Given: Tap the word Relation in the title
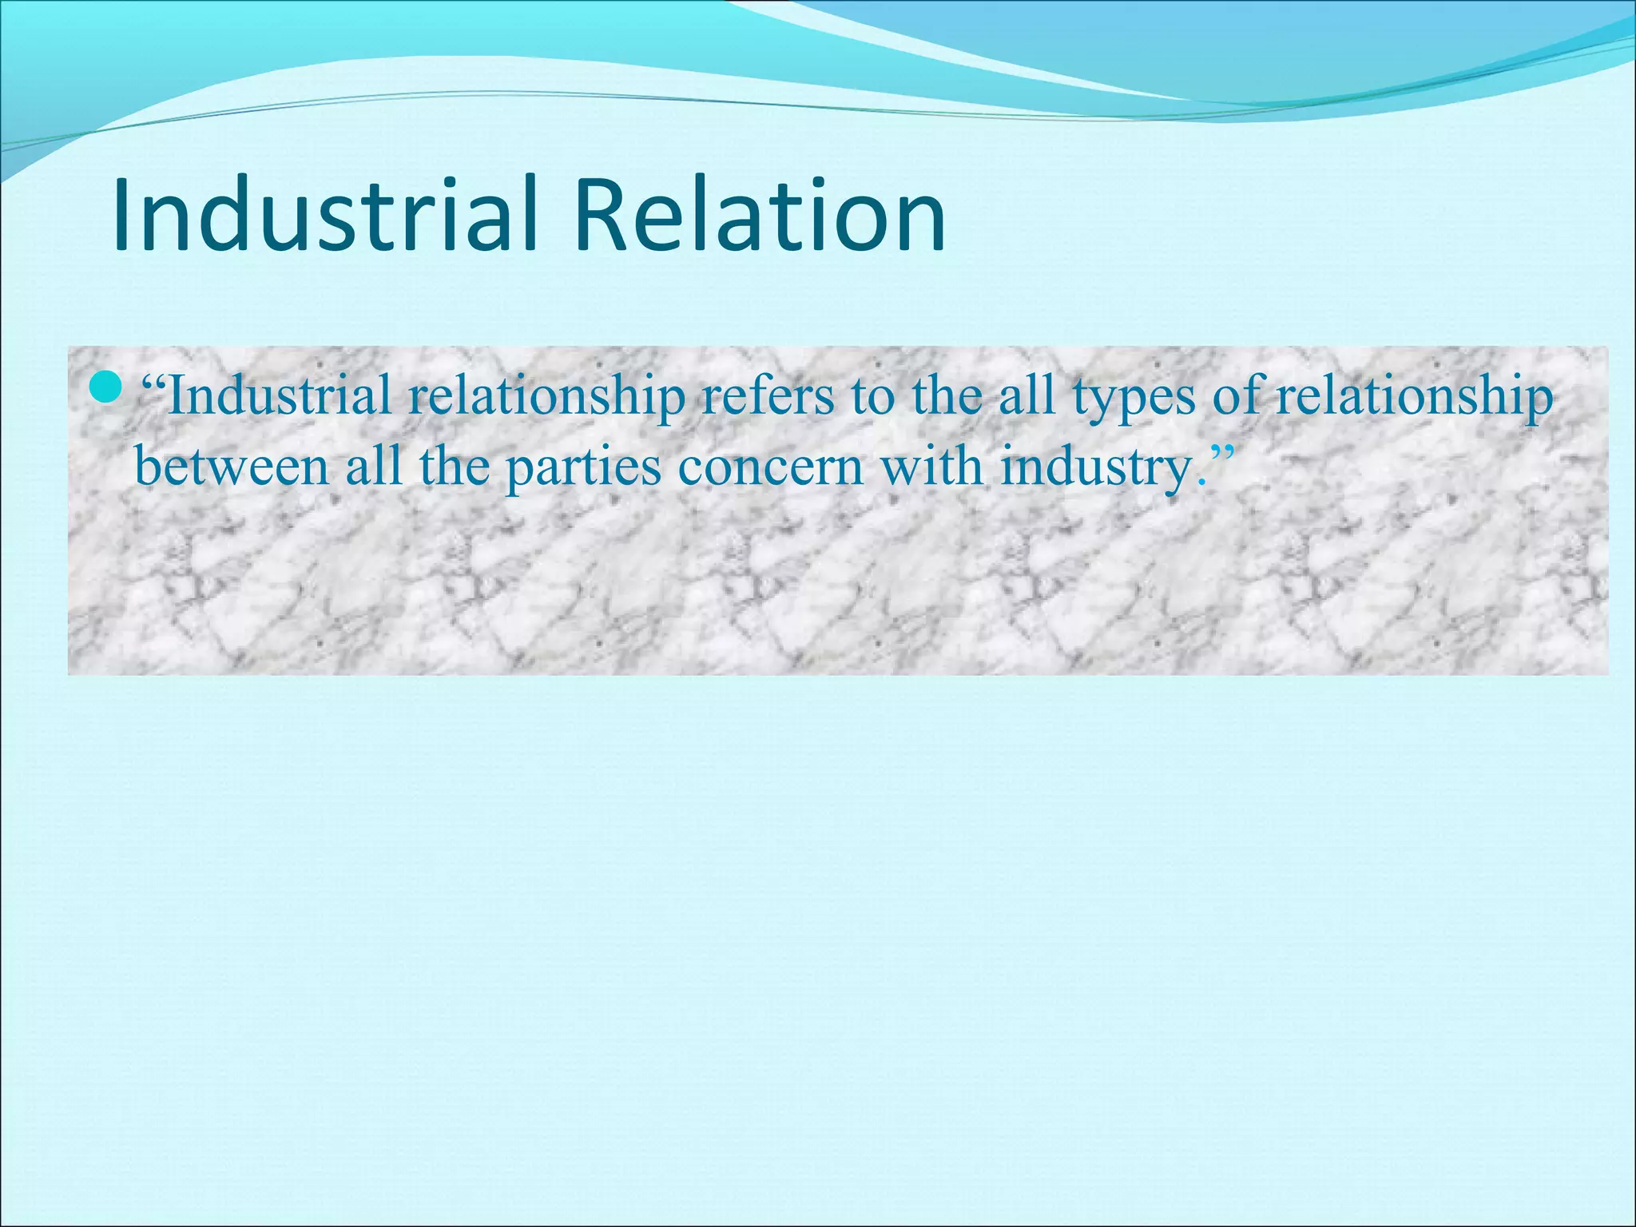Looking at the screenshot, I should (x=759, y=216).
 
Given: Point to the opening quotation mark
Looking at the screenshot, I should (x=153, y=382).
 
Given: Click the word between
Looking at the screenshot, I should (x=232, y=466).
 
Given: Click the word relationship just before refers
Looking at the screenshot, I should (x=546, y=397).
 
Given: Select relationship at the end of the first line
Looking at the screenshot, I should (x=1414, y=397).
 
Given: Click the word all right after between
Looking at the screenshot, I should (x=374, y=466).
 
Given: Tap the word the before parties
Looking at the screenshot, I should (x=455, y=466).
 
